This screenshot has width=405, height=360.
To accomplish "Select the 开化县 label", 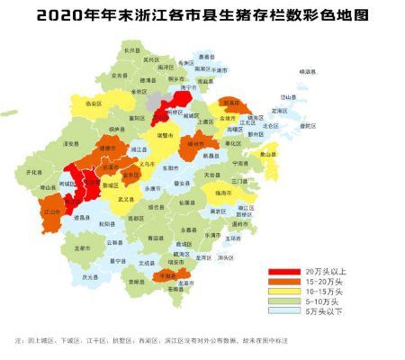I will click(x=34, y=171).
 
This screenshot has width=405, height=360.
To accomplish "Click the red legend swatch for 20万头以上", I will click(x=283, y=271).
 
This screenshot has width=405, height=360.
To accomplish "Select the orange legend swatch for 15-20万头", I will click(x=283, y=281).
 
